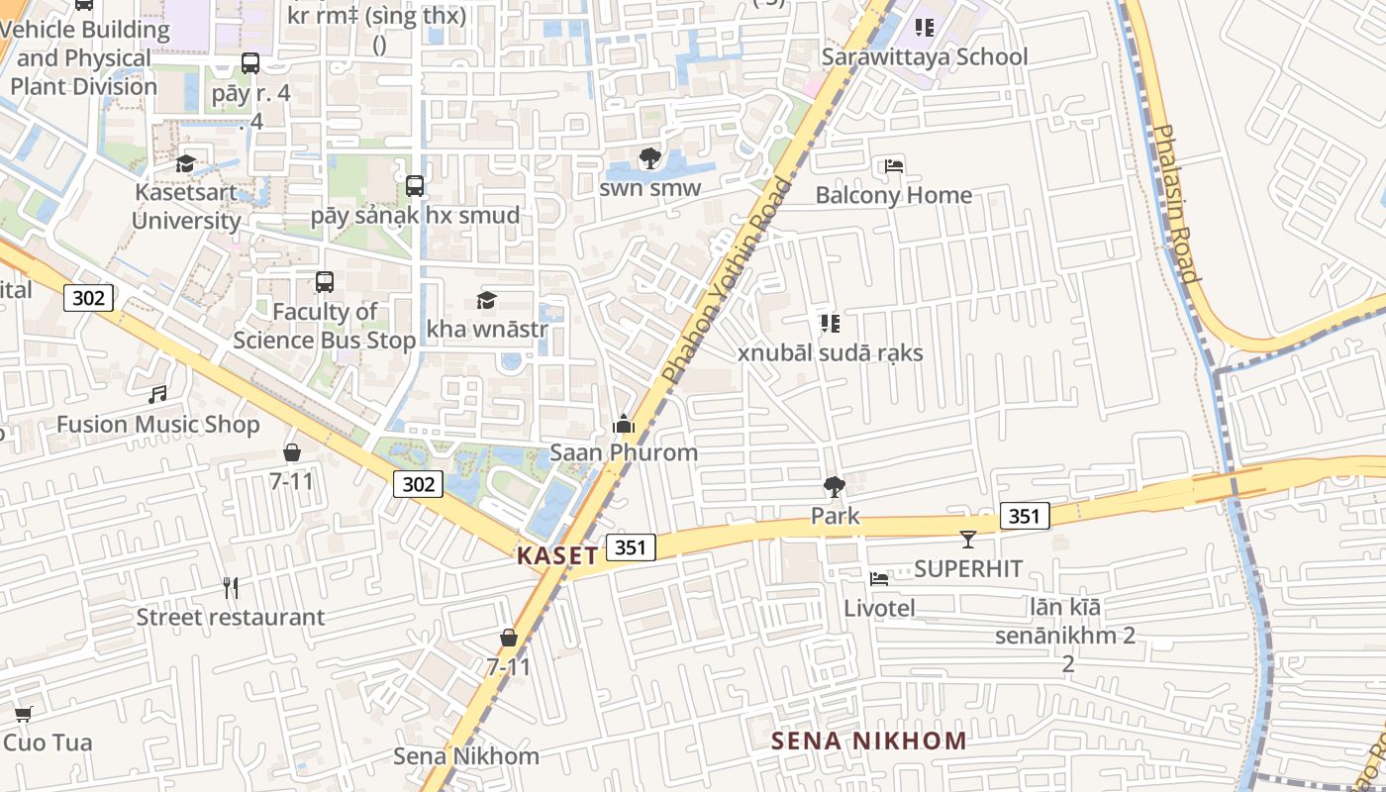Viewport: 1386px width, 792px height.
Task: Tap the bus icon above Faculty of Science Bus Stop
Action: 325,282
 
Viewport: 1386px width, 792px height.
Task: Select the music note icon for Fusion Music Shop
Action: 156,395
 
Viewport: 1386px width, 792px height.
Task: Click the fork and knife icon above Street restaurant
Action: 231,588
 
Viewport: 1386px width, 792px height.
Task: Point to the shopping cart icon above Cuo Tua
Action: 23,714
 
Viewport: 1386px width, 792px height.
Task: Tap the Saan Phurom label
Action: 624,452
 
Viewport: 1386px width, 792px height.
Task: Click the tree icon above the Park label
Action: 835,486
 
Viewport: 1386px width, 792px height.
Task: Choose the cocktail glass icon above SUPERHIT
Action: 968,540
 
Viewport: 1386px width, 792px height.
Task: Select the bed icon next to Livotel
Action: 878,579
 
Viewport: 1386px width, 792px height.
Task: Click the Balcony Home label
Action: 893,195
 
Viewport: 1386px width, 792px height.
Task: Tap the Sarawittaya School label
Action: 925,56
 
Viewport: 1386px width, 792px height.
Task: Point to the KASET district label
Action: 557,555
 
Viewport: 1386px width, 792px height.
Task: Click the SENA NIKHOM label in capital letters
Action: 868,741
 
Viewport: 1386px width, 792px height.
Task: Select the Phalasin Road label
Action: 1177,203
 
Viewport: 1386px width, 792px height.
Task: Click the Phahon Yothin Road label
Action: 730,281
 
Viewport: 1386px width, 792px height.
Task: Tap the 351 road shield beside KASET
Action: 632,547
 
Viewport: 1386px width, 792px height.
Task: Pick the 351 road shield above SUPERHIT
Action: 1025,516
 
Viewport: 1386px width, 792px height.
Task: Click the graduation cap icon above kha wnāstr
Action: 486,300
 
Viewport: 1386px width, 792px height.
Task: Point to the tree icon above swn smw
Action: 649,158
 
